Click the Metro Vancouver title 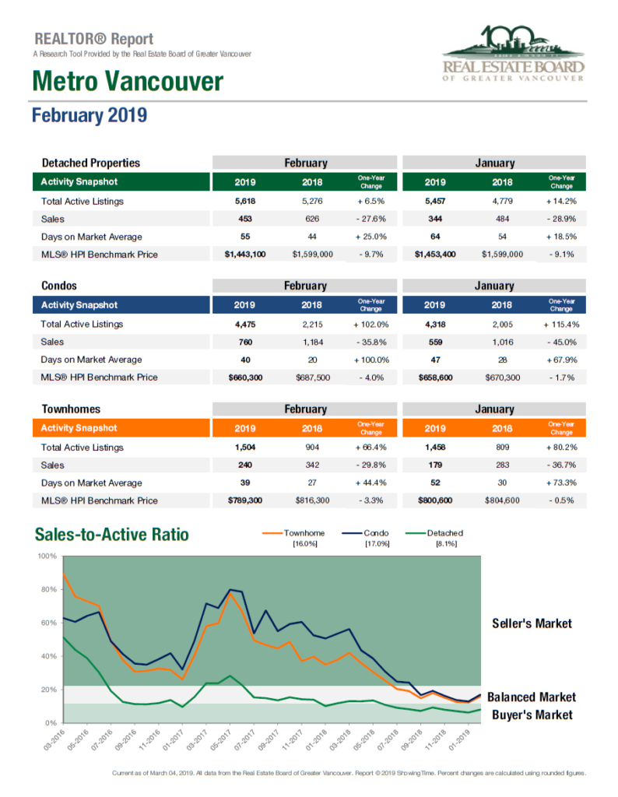click(128, 81)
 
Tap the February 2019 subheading click(90, 115)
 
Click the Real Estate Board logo click(513, 54)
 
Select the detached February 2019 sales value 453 click(245, 219)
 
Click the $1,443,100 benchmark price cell click(245, 255)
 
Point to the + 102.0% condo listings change click(371, 325)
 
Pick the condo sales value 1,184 click(312, 342)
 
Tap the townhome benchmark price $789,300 click(245, 500)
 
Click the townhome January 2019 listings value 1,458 click(435, 448)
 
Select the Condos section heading click(59, 286)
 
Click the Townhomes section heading click(71, 409)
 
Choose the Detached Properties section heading click(91, 163)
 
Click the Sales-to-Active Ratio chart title click(112, 535)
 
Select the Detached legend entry click(434, 533)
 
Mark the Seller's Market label click(532, 623)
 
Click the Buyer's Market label click(532, 715)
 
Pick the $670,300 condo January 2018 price click(502, 377)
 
